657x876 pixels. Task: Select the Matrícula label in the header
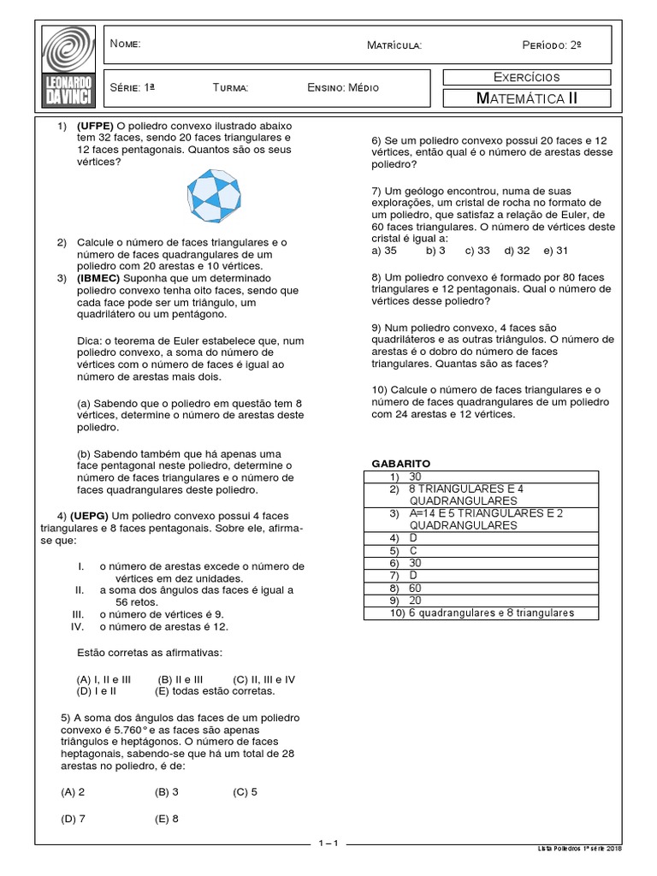tap(394, 44)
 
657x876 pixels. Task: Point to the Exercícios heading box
tap(526, 78)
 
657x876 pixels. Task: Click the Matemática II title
tap(526, 98)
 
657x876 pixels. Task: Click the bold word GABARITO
tap(401, 463)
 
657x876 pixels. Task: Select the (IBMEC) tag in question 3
tap(98, 279)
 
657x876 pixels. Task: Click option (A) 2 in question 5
tap(73, 792)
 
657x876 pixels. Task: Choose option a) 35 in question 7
tap(384, 251)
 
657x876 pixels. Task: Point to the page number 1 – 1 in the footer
tap(328, 844)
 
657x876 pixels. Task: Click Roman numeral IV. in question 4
tap(77, 626)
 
